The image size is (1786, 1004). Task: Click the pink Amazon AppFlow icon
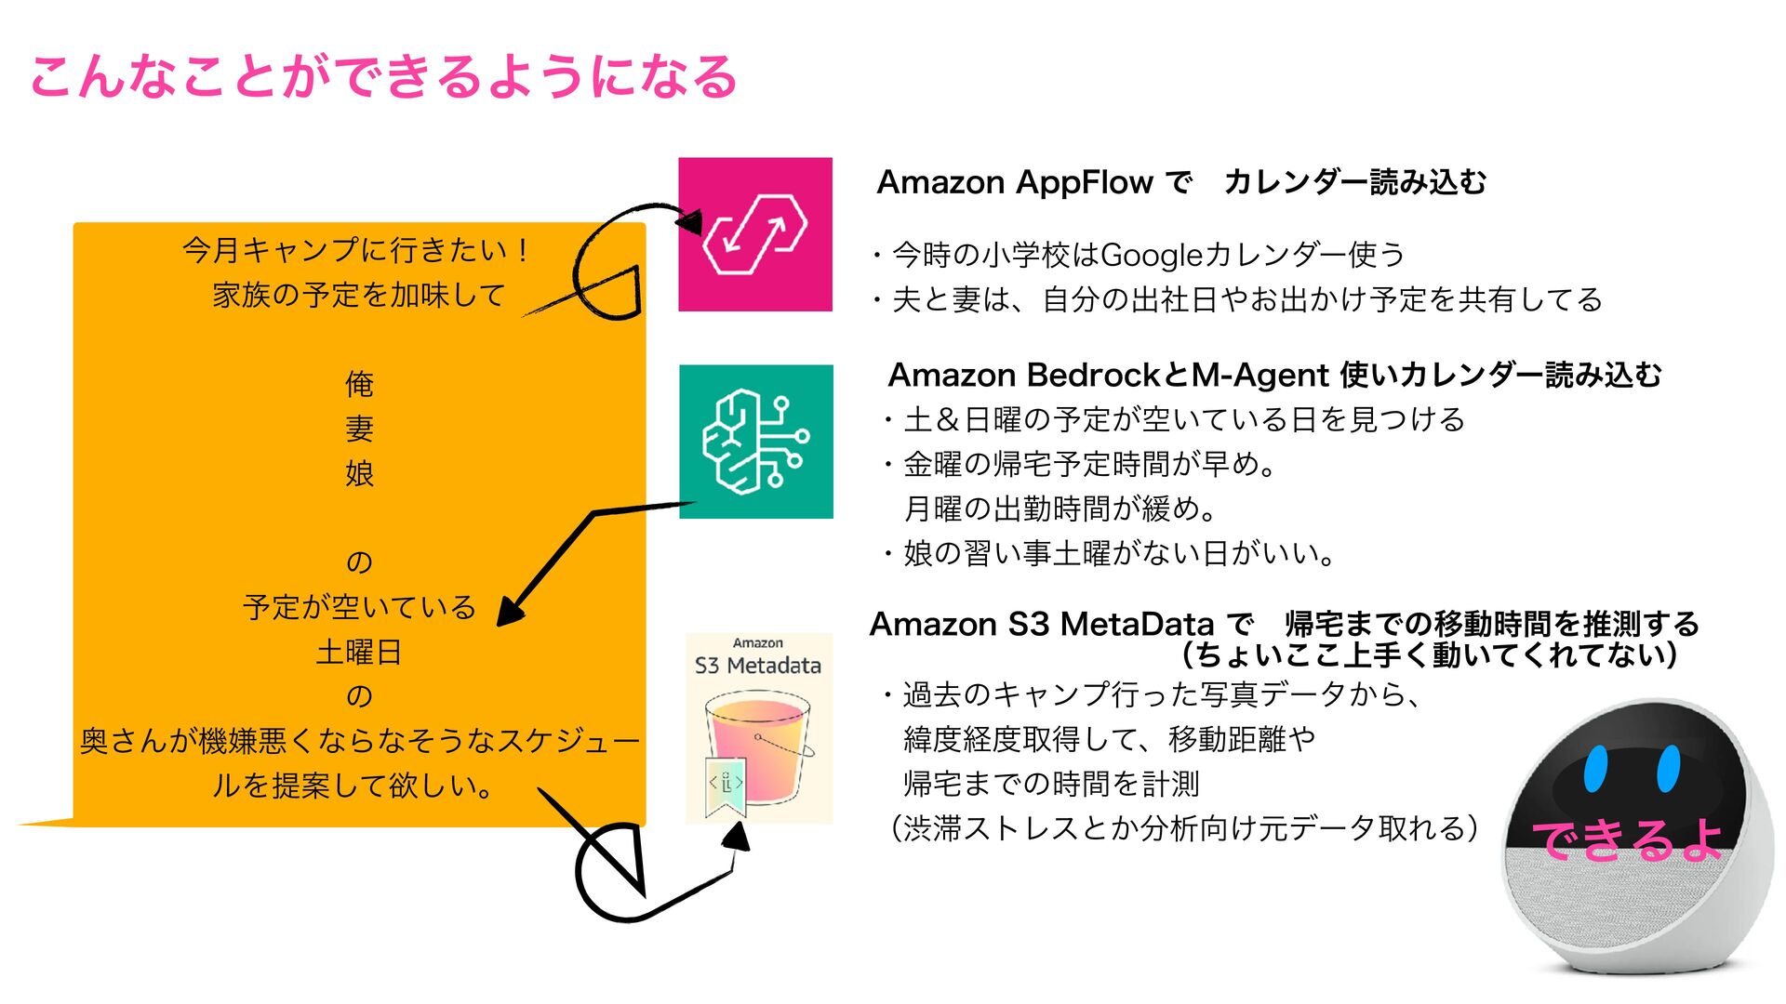pyautogui.click(x=755, y=234)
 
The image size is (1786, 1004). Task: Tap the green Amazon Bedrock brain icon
pyautogui.click(x=755, y=442)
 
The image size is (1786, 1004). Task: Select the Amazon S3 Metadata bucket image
pyautogui.click(x=758, y=730)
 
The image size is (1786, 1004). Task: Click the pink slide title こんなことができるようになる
pyautogui.click(x=383, y=76)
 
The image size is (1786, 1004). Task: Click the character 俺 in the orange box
pyautogui.click(x=359, y=384)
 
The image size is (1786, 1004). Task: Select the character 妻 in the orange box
pyautogui.click(x=359, y=429)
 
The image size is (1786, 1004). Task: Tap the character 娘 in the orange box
pyautogui.click(x=359, y=473)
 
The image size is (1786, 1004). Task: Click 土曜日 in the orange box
pyautogui.click(x=359, y=652)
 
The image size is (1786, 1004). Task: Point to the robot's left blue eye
pyautogui.click(x=1595, y=768)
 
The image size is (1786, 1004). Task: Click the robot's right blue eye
pyautogui.click(x=1668, y=768)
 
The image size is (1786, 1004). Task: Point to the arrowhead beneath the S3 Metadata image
pyautogui.click(x=738, y=837)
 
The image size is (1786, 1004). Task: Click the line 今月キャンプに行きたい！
pyautogui.click(x=357, y=250)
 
